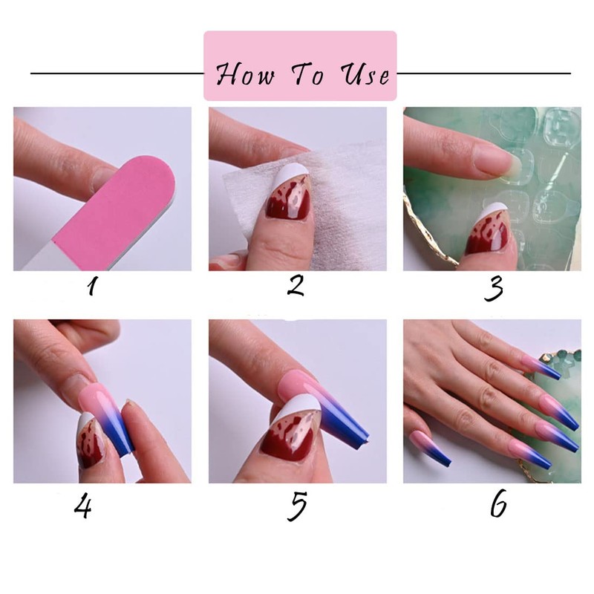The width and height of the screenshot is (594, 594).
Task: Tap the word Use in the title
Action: pyautogui.click(x=365, y=75)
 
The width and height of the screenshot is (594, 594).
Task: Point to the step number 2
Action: pyautogui.click(x=296, y=285)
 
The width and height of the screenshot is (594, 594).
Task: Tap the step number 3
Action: pyautogui.click(x=493, y=288)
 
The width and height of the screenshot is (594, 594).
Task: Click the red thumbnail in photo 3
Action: pyautogui.click(x=486, y=241)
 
